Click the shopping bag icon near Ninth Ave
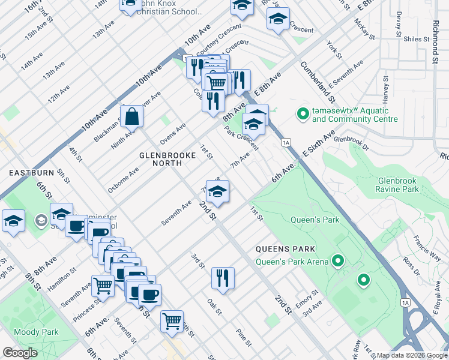coord(131,116)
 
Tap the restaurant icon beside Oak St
coord(222,278)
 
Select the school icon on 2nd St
coord(217,191)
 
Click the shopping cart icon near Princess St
coord(103,285)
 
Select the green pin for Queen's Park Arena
coord(338,261)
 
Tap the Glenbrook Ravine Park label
coord(406,184)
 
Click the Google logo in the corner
coord(20,353)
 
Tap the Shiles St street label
coord(417,40)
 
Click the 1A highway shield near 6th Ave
coord(286,142)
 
